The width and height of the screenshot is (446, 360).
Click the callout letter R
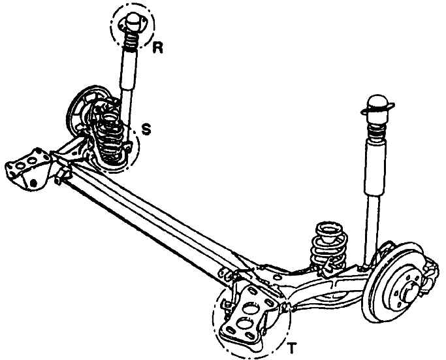coord(157,48)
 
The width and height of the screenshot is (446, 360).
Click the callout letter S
coord(146,129)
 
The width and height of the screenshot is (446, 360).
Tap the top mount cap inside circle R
coord(132,22)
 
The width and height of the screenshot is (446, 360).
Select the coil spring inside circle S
coord(110,137)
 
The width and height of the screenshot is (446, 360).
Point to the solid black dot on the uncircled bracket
coord(34,183)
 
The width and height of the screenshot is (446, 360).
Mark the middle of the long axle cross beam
coord(153,216)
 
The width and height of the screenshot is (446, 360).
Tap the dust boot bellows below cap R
coord(131,42)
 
